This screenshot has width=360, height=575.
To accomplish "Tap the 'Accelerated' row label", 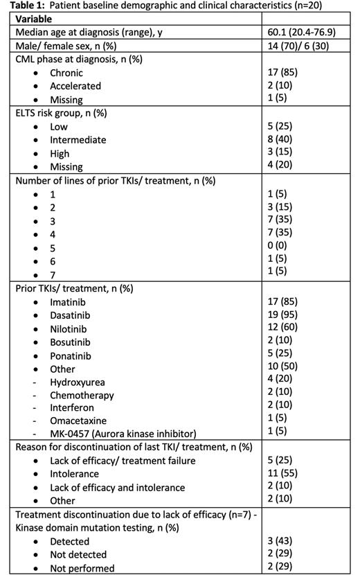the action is point(75,86).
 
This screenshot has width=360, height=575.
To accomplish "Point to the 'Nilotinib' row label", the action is point(71,329).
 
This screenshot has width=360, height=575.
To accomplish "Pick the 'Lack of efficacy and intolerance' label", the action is point(117,488).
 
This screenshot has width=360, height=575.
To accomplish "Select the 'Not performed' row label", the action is point(82,568).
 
